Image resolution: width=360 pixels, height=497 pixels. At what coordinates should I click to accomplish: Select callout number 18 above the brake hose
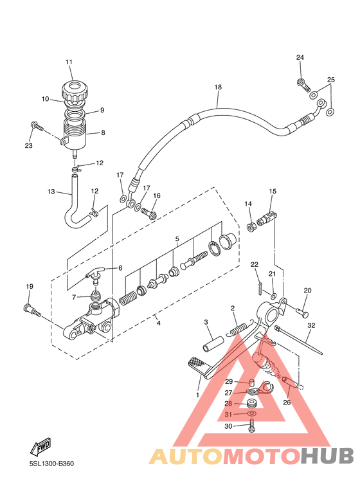pyautogui.click(x=218, y=87)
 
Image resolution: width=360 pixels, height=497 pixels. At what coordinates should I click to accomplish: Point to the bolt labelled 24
pyautogui.click(x=303, y=85)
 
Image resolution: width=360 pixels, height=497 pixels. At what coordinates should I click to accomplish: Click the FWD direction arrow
pyautogui.click(x=40, y=447)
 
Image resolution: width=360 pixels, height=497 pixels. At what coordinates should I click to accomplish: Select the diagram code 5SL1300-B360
pyautogui.click(x=51, y=464)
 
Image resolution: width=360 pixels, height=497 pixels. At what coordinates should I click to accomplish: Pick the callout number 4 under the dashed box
pyautogui.click(x=158, y=323)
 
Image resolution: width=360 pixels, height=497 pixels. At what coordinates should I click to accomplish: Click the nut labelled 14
pyautogui.click(x=251, y=226)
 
